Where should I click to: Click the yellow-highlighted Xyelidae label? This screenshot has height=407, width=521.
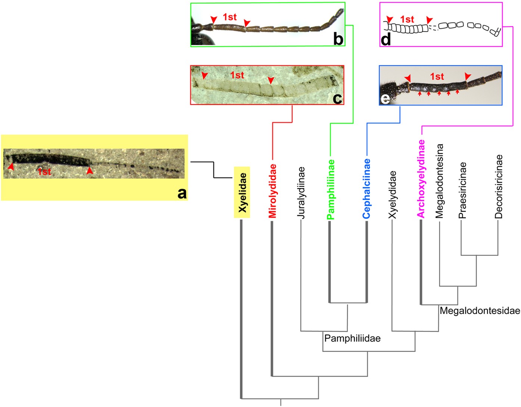(242, 192)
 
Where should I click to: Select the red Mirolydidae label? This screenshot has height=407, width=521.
(272, 191)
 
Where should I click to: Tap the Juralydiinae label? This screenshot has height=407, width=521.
(301, 193)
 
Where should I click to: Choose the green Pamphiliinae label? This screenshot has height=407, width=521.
(330, 190)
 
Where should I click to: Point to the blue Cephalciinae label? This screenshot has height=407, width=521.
(366, 189)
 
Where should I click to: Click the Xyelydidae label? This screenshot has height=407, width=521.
(392, 195)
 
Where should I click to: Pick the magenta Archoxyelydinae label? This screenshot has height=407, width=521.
(421, 178)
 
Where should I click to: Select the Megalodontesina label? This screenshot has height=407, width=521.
(439, 181)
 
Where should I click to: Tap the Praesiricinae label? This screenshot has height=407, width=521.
(462, 190)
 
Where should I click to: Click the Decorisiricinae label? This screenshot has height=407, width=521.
(499, 187)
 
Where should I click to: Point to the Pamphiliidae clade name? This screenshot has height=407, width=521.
(352, 339)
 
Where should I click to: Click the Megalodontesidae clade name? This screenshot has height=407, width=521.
(480, 311)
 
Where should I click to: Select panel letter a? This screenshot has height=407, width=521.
(182, 193)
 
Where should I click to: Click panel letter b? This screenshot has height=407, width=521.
(338, 39)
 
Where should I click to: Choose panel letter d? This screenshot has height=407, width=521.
(386, 39)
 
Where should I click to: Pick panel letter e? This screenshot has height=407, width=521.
(385, 99)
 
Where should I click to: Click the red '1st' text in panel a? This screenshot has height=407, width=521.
(44, 172)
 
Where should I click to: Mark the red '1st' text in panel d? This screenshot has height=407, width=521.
(407, 19)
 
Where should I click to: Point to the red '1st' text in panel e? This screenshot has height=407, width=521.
(437, 77)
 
